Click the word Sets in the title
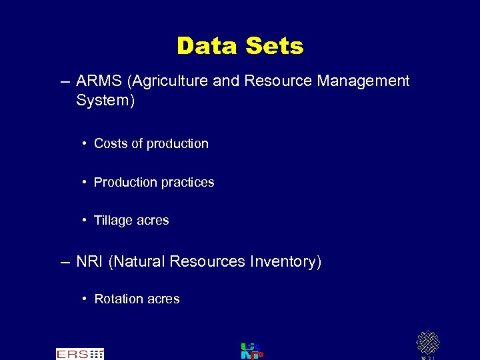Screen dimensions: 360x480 (275, 46)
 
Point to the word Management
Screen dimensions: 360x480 (363, 81)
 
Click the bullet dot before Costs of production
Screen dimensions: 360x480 (85, 143)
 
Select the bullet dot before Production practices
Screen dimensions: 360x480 (85, 182)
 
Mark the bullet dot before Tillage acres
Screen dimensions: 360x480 (85, 221)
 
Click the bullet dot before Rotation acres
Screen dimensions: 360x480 (85, 299)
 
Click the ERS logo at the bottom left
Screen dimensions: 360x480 (79, 354)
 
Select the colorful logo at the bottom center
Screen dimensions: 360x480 (251, 351)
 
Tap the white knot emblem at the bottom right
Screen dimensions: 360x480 (427, 343)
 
